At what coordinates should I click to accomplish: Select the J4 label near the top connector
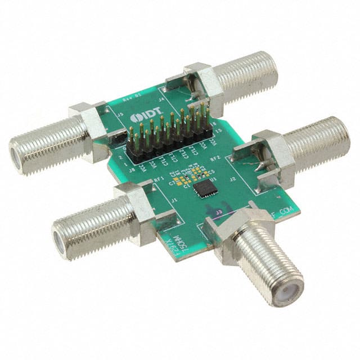163,100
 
